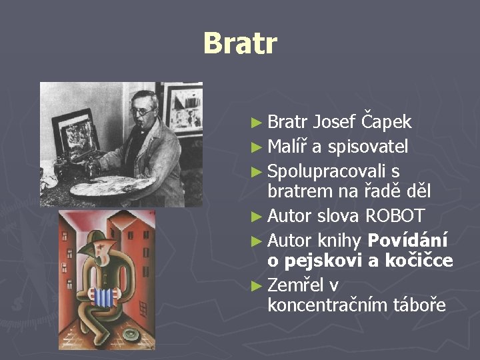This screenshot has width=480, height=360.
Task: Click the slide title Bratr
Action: pos(239,44)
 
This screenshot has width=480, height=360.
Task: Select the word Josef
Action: pos(334,122)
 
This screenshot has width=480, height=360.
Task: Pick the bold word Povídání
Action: pos(408,240)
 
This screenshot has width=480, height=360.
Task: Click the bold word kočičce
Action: pos(418,261)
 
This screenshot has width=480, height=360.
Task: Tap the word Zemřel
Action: pos(295,285)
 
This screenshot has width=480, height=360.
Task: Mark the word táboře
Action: pos(417,305)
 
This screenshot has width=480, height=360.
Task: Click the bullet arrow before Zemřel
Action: pos(259,285)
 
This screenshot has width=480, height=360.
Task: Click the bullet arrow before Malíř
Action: pos(259,147)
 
